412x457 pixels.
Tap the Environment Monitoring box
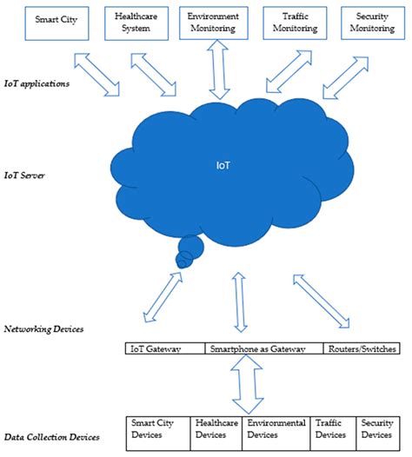tap(213, 23)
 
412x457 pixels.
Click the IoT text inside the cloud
tap(223, 162)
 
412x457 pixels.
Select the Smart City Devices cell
tap(157, 428)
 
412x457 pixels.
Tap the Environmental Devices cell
tap(275, 428)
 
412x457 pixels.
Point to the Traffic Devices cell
tap(330, 428)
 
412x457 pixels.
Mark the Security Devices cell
tap(376, 428)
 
